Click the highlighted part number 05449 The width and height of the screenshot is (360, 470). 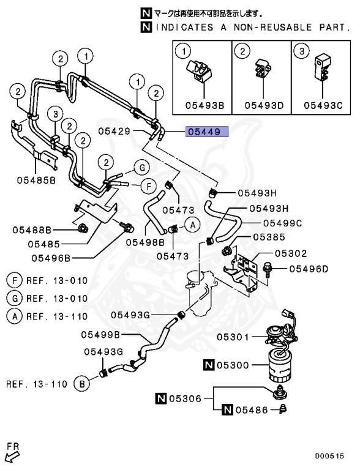[x=208, y=131]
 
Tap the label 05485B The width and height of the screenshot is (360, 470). [x=36, y=180]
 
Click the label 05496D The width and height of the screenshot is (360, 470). [x=309, y=268]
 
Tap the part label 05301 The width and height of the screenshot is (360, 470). [x=232, y=337]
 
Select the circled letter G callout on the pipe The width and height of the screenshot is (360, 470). [x=141, y=168]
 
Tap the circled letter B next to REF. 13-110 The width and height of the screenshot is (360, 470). [x=80, y=384]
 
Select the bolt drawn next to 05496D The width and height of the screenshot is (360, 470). [x=270, y=268]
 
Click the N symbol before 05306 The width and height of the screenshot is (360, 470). [x=161, y=398]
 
